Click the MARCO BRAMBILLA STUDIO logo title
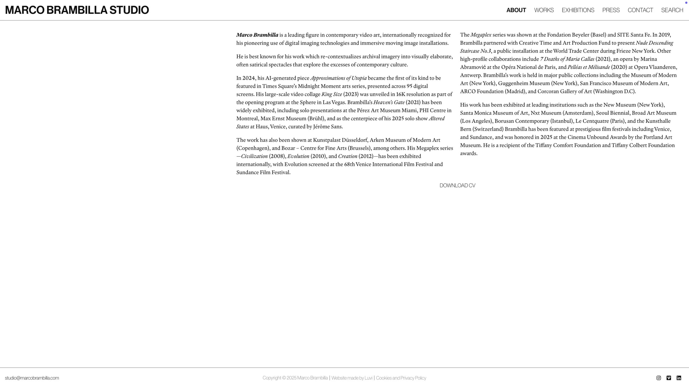pyautogui.click(x=77, y=10)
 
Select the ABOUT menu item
pyautogui.click(x=516, y=10)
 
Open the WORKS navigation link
pyautogui.click(x=544, y=10)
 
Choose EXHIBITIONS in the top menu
pyautogui.click(x=578, y=10)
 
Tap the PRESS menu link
pyautogui.click(x=611, y=10)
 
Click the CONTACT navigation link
pyautogui.click(x=640, y=10)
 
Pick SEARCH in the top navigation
pyautogui.click(x=672, y=10)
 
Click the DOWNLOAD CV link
pyautogui.click(x=457, y=185)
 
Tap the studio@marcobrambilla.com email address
pyautogui.click(x=32, y=378)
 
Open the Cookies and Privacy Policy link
pyautogui.click(x=401, y=378)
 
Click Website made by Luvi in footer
pyautogui.click(x=352, y=378)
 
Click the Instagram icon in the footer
pyautogui.click(x=659, y=378)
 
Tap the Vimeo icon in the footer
pyautogui.click(x=669, y=378)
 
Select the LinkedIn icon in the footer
pyautogui.click(x=679, y=378)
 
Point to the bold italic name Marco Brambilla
pyautogui.click(x=257, y=35)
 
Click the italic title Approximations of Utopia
pyautogui.click(x=338, y=78)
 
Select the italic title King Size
pyautogui.click(x=332, y=94)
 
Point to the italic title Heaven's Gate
pyautogui.click(x=389, y=102)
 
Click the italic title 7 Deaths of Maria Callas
pyautogui.click(x=567, y=59)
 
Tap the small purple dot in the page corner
pyautogui.click(x=686, y=3)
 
